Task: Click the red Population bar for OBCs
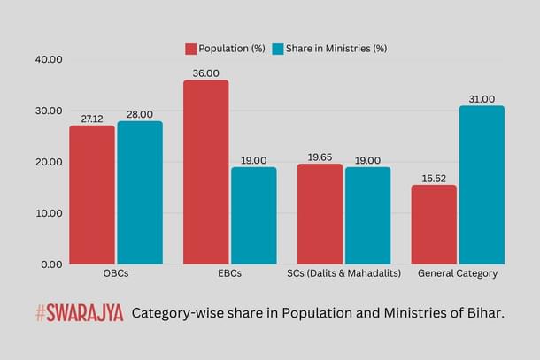92,195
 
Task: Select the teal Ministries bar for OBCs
140,193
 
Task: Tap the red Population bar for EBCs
205,172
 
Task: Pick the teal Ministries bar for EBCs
253,215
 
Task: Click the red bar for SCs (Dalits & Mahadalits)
320,213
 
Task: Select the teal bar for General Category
482,185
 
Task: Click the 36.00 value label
205,73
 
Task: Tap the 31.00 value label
482,99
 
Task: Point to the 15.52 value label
434,178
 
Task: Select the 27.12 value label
92,119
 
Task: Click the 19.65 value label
320,157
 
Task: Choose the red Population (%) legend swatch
190,48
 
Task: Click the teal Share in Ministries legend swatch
277,48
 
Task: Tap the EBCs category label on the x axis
229,273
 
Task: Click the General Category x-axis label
458,273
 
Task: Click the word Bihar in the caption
483,313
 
